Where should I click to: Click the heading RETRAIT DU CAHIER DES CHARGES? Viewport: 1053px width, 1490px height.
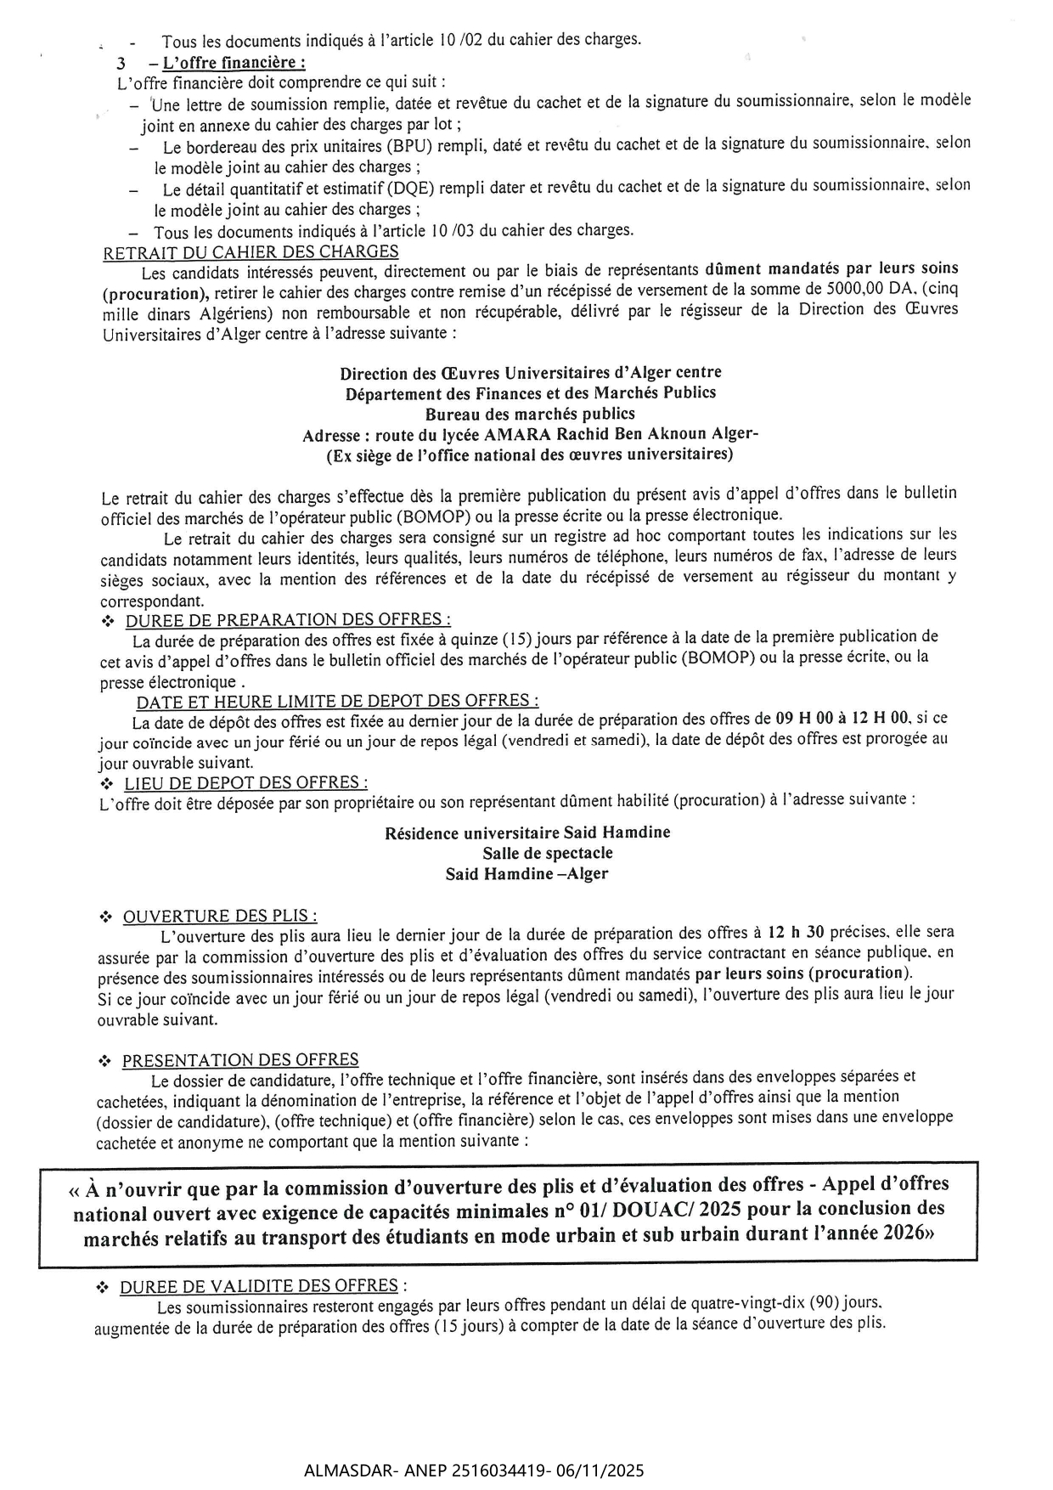pos(251,252)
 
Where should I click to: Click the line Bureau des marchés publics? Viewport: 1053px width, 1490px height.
pos(530,415)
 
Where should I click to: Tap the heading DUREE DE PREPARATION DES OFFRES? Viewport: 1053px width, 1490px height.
pos(288,620)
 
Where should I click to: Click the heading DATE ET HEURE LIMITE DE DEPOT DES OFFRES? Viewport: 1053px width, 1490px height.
pos(337,701)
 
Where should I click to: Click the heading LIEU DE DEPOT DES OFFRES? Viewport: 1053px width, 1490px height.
pos(246,782)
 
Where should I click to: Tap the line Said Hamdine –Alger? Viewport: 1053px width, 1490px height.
pos(526,874)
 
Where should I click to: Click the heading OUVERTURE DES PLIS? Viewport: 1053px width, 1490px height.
pos(220,917)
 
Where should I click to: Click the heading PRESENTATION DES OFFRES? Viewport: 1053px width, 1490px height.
pos(240,1060)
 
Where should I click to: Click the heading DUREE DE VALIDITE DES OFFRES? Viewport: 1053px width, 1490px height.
pos(258,1287)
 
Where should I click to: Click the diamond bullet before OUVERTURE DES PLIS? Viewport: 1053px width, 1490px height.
pos(105,917)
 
